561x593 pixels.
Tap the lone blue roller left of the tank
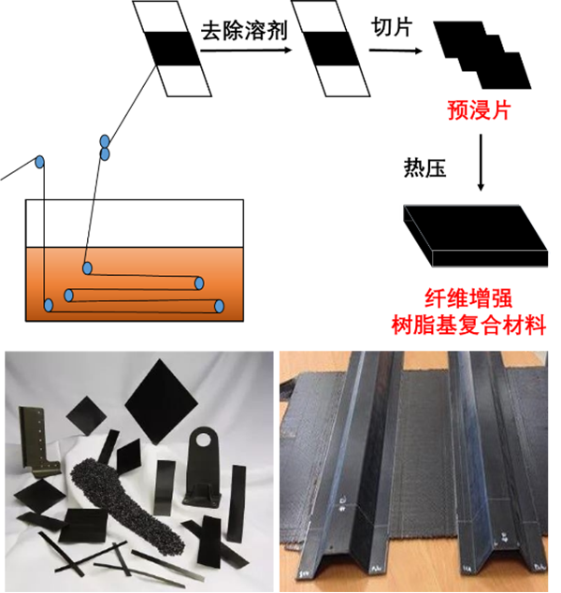click(x=40, y=163)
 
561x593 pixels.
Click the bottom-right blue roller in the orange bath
click(x=219, y=306)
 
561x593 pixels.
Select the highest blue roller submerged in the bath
click(x=87, y=268)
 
